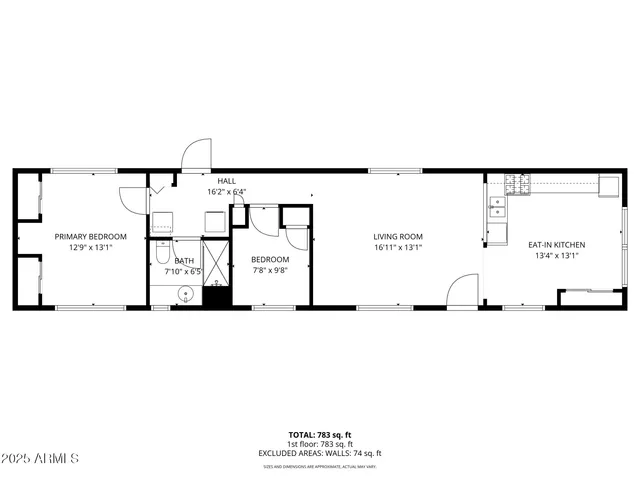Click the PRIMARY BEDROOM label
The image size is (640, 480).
[x=91, y=236]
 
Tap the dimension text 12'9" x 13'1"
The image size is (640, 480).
[x=91, y=247]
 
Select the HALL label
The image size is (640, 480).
[x=226, y=181]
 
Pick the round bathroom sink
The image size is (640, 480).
[x=185, y=294]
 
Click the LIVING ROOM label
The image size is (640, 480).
[x=399, y=236]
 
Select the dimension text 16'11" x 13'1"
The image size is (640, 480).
[x=399, y=247]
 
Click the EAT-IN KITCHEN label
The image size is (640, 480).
[x=557, y=244]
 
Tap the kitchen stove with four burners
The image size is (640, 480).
[x=518, y=184]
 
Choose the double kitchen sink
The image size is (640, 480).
[x=497, y=207]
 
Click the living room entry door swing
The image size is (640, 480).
[x=462, y=292]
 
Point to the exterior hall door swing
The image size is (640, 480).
[x=196, y=156]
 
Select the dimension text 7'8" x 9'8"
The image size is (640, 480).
[x=269, y=270]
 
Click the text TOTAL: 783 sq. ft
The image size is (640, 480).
[x=320, y=434]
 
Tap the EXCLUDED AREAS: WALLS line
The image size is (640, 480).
[x=320, y=453]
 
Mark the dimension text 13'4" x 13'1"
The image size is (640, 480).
[x=557, y=255]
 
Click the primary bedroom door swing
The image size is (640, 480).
[x=133, y=198]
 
